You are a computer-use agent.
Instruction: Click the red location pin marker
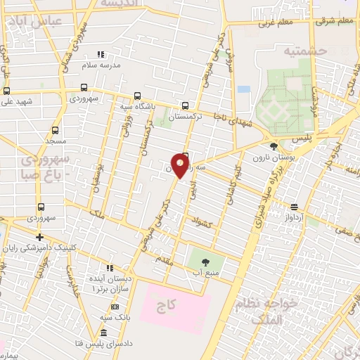click(181, 166)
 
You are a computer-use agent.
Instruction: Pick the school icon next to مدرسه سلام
click(101, 53)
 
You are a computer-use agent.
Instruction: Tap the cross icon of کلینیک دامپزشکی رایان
click(39, 237)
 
